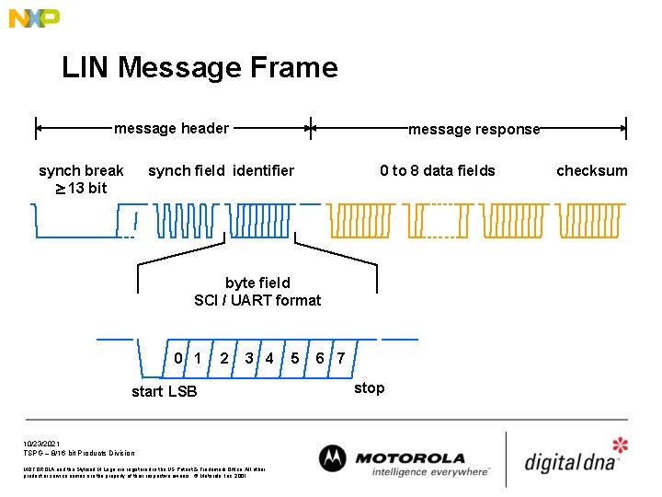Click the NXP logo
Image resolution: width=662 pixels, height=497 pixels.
34,17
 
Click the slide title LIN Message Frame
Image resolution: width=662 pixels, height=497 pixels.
200,67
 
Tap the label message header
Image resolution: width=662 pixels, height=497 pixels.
171,129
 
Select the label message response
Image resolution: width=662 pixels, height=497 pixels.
474,130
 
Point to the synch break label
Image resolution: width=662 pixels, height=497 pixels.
81,170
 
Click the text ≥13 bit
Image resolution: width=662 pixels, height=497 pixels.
80,188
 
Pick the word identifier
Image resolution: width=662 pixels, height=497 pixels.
264,170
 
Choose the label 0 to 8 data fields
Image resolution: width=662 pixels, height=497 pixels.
438,170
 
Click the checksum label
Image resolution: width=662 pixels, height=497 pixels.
592,170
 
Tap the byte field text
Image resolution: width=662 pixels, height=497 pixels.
257,283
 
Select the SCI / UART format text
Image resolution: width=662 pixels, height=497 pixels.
257,300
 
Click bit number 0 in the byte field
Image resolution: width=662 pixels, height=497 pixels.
178,357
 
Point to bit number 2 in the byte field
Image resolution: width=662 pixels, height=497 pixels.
224,357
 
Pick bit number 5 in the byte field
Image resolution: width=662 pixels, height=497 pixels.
294,357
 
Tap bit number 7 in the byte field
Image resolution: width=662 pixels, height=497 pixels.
341,357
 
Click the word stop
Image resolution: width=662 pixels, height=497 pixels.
369,387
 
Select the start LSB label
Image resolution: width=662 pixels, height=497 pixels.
164,392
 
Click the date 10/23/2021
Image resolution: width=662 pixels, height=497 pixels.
40,444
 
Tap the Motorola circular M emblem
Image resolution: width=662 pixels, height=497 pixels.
334,459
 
